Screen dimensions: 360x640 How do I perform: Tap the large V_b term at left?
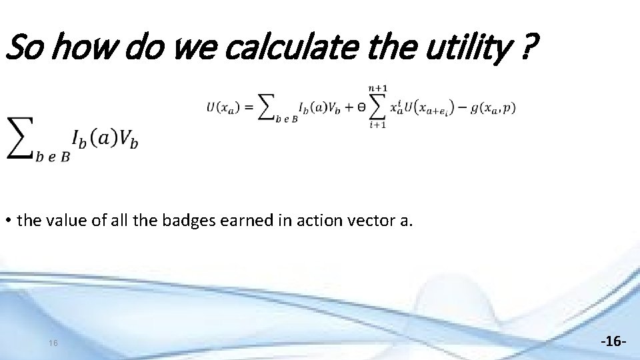pyautogui.click(x=127, y=139)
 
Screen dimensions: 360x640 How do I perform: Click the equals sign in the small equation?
pyautogui.click(x=247, y=107)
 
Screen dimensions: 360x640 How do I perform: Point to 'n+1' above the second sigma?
pyautogui.click(x=378, y=88)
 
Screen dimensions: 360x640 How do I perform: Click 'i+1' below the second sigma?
pyautogui.click(x=378, y=125)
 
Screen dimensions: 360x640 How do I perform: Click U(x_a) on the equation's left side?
pyautogui.click(x=221, y=107)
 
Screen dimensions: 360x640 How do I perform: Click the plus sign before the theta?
pyautogui.click(x=347, y=107)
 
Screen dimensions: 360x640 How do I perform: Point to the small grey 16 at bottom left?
pyautogui.click(x=53, y=343)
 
